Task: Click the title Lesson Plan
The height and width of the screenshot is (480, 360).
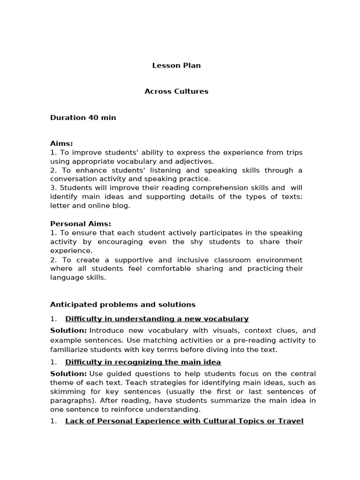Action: tap(176, 66)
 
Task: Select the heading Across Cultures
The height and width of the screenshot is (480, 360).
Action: tap(176, 91)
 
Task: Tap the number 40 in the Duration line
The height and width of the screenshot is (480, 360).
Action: tap(94, 118)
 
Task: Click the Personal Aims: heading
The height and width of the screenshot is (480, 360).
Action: tap(81, 224)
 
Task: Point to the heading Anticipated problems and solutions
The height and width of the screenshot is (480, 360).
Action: tap(123, 305)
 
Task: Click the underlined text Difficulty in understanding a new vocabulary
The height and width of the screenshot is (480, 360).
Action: tap(157, 319)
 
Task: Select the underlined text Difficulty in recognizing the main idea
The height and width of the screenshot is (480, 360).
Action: tap(143, 362)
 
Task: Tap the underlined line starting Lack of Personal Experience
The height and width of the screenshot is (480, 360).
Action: tap(184, 421)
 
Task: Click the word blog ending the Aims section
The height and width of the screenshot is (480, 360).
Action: tap(122, 205)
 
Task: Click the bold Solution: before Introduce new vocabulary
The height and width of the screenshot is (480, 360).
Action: tap(68, 331)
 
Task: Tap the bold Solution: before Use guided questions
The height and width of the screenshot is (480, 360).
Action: tap(68, 374)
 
